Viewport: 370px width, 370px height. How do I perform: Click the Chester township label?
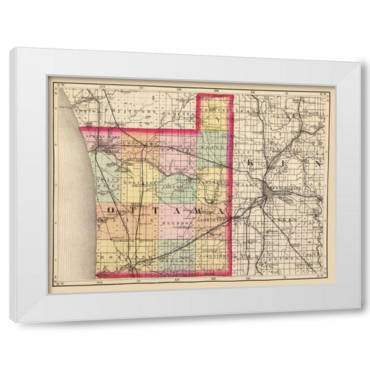tap(216, 112)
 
